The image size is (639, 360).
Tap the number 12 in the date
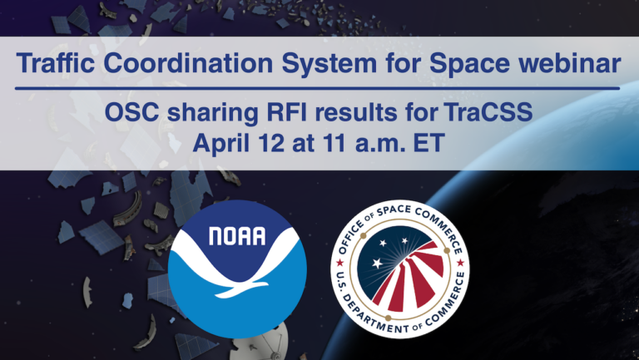point(268,142)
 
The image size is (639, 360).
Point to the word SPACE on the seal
point(409,213)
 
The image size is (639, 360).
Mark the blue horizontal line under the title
point(319,87)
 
